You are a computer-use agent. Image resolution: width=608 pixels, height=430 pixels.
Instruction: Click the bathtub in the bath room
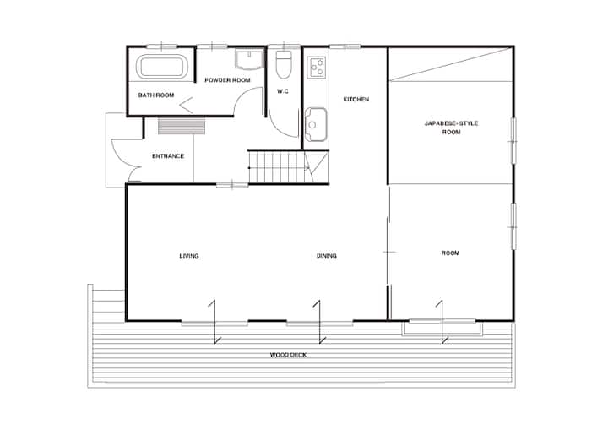tap(162, 67)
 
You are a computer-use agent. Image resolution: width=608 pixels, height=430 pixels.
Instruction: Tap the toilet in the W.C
tap(284, 64)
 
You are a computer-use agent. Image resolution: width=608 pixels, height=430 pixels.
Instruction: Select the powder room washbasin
tap(249, 60)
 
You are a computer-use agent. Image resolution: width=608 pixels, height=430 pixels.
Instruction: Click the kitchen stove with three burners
tap(317, 67)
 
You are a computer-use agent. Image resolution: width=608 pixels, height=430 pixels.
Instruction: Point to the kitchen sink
tap(316, 124)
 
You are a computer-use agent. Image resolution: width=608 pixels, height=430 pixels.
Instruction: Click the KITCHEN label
tap(356, 100)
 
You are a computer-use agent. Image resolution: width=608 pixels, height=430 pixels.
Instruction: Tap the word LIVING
tap(189, 256)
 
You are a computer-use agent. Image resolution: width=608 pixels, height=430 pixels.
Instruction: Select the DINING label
tap(327, 256)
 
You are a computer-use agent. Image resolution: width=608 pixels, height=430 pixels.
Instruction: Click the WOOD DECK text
tap(288, 355)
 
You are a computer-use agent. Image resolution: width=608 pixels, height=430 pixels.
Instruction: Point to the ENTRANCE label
tap(168, 156)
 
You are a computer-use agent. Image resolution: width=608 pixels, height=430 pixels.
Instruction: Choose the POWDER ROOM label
tap(228, 80)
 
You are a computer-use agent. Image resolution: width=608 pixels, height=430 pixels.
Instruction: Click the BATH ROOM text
tap(156, 95)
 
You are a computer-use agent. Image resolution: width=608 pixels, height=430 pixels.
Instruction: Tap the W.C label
tap(283, 91)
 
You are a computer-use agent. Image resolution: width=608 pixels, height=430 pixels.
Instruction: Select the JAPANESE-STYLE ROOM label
tap(451, 128)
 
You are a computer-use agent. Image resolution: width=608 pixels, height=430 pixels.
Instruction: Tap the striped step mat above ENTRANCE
tap(182, 127)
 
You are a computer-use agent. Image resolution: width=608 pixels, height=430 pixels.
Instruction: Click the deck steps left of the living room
tap(108, 301)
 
